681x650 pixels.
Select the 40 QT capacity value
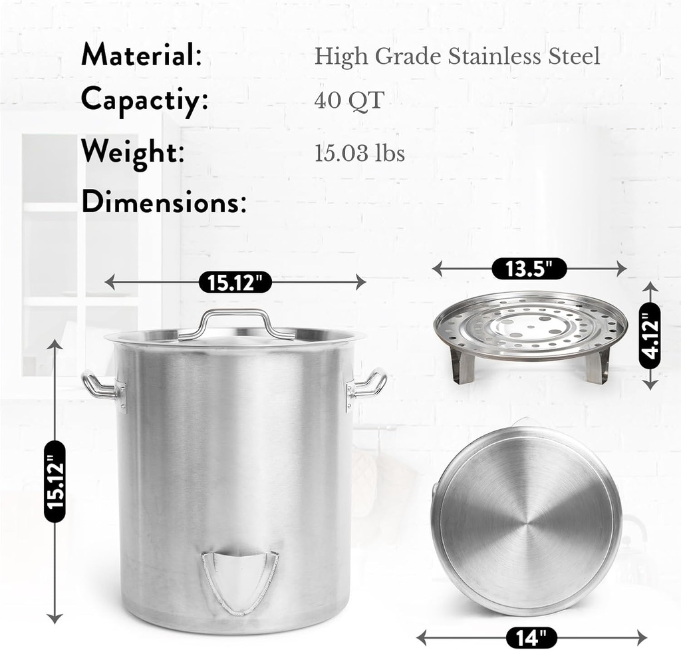tap(349, 100)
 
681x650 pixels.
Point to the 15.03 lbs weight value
tap(359, 154)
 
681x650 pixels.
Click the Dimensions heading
tap(164, 202)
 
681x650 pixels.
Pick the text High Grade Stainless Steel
tap(457, 57)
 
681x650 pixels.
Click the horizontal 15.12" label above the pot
tap(235, 283)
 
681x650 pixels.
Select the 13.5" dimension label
tap(529, 269)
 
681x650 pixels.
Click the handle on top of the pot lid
tap(236, 318)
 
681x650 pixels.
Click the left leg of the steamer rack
tap(463, 367)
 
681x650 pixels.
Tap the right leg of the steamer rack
tap(598, 367)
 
